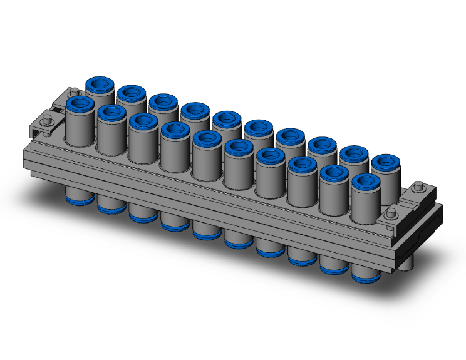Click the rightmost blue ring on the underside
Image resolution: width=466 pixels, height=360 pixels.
click(x=365, y=275)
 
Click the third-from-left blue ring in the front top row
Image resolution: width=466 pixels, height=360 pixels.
click(x=143, y=121)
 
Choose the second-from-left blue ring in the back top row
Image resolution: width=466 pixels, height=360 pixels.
click(x=131, y=93)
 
